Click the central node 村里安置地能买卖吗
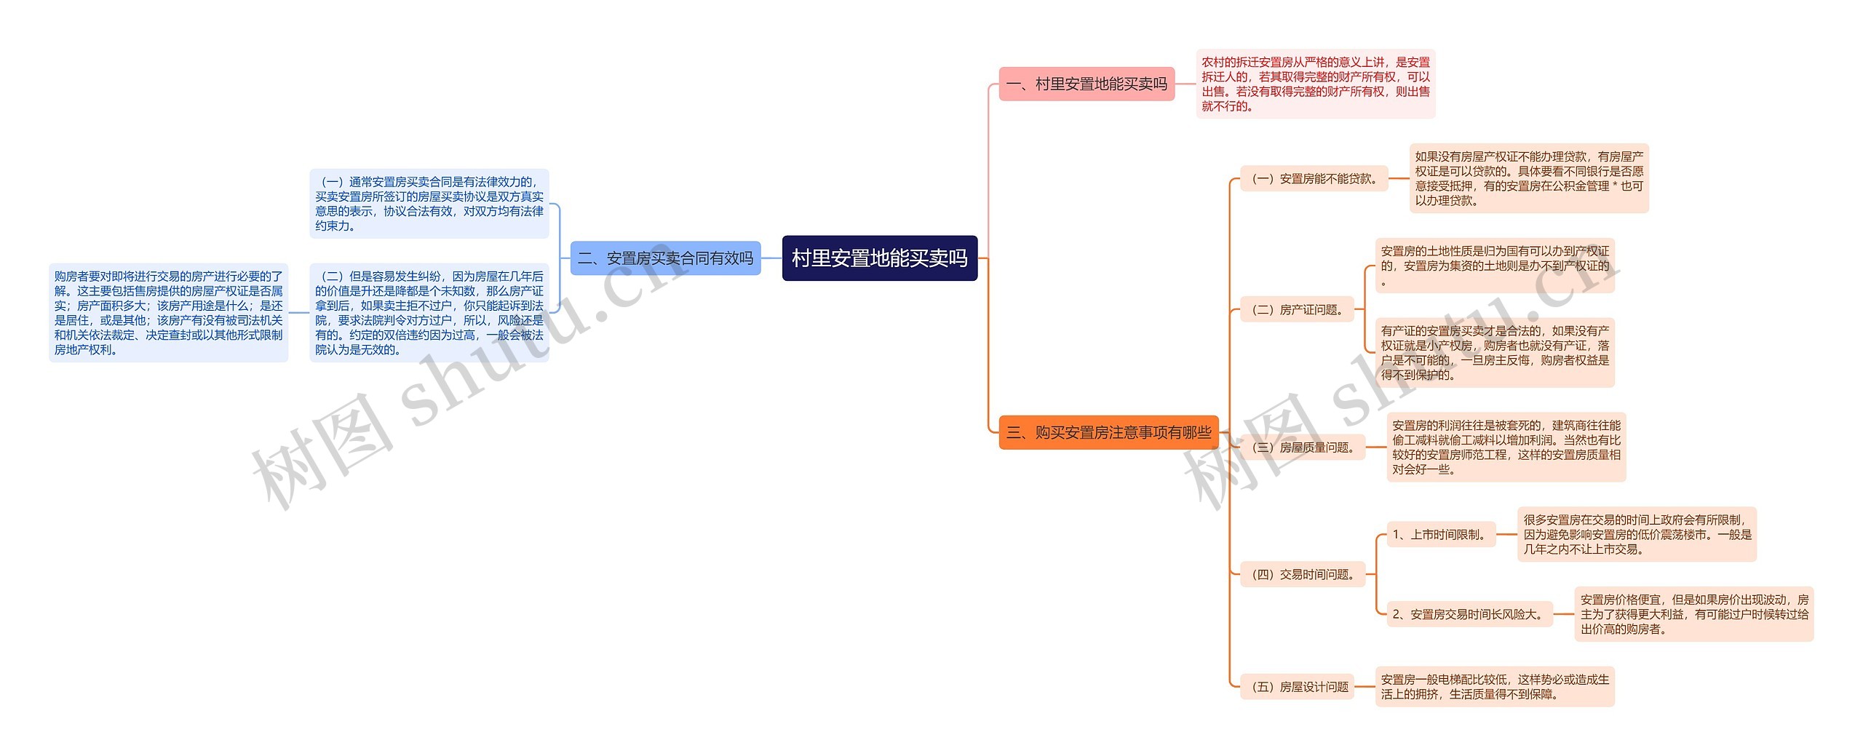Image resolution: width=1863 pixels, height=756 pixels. coord(879,258)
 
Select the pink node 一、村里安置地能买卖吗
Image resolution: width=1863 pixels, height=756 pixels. coord(1086,84)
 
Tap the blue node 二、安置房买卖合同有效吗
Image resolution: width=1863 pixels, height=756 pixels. coord(665,258)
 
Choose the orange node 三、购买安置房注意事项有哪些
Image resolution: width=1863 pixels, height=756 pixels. coord(1108,433)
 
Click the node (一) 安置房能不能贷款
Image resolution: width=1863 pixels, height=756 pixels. coord(1314,179)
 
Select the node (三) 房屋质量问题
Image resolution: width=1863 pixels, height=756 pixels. coord(1303,447)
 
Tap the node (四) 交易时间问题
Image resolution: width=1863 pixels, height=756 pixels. coord(1303,575)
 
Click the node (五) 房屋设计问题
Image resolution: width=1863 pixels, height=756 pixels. coord(1297,687)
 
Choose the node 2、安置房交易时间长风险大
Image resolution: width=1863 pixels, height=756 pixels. coord(1469,615)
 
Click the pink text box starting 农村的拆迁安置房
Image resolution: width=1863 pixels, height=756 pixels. coord(1315,84)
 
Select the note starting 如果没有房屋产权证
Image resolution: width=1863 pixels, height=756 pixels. coord(1528,179)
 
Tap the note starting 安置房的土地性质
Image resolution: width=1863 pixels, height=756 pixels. coord(1494,266)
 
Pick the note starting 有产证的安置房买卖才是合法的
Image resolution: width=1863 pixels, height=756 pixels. coord(1494,353)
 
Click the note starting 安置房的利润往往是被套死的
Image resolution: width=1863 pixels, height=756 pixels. coord(1506,447)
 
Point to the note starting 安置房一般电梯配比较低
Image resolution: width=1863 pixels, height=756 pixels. coord(1494,687)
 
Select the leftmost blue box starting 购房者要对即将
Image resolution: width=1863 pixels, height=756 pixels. coord(168,313)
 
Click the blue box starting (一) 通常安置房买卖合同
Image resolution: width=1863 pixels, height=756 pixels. coord(429,204)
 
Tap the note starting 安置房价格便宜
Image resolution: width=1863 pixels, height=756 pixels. coord(1693,615)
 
